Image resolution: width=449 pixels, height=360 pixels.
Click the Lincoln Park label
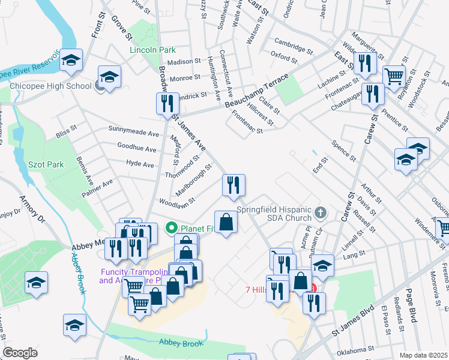pos(152,50)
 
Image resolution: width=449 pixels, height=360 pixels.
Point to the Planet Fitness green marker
pos(171,228)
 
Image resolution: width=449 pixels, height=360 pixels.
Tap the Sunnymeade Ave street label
pos(133,129)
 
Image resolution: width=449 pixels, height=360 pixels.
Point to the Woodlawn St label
pos(176,202)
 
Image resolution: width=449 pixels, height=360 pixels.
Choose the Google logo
pos(20,353)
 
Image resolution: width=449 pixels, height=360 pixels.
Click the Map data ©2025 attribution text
pos(423,355)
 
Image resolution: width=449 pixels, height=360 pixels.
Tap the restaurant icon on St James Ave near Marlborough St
pos(232,185)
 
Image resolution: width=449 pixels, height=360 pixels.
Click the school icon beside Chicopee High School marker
pos(109,77)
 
